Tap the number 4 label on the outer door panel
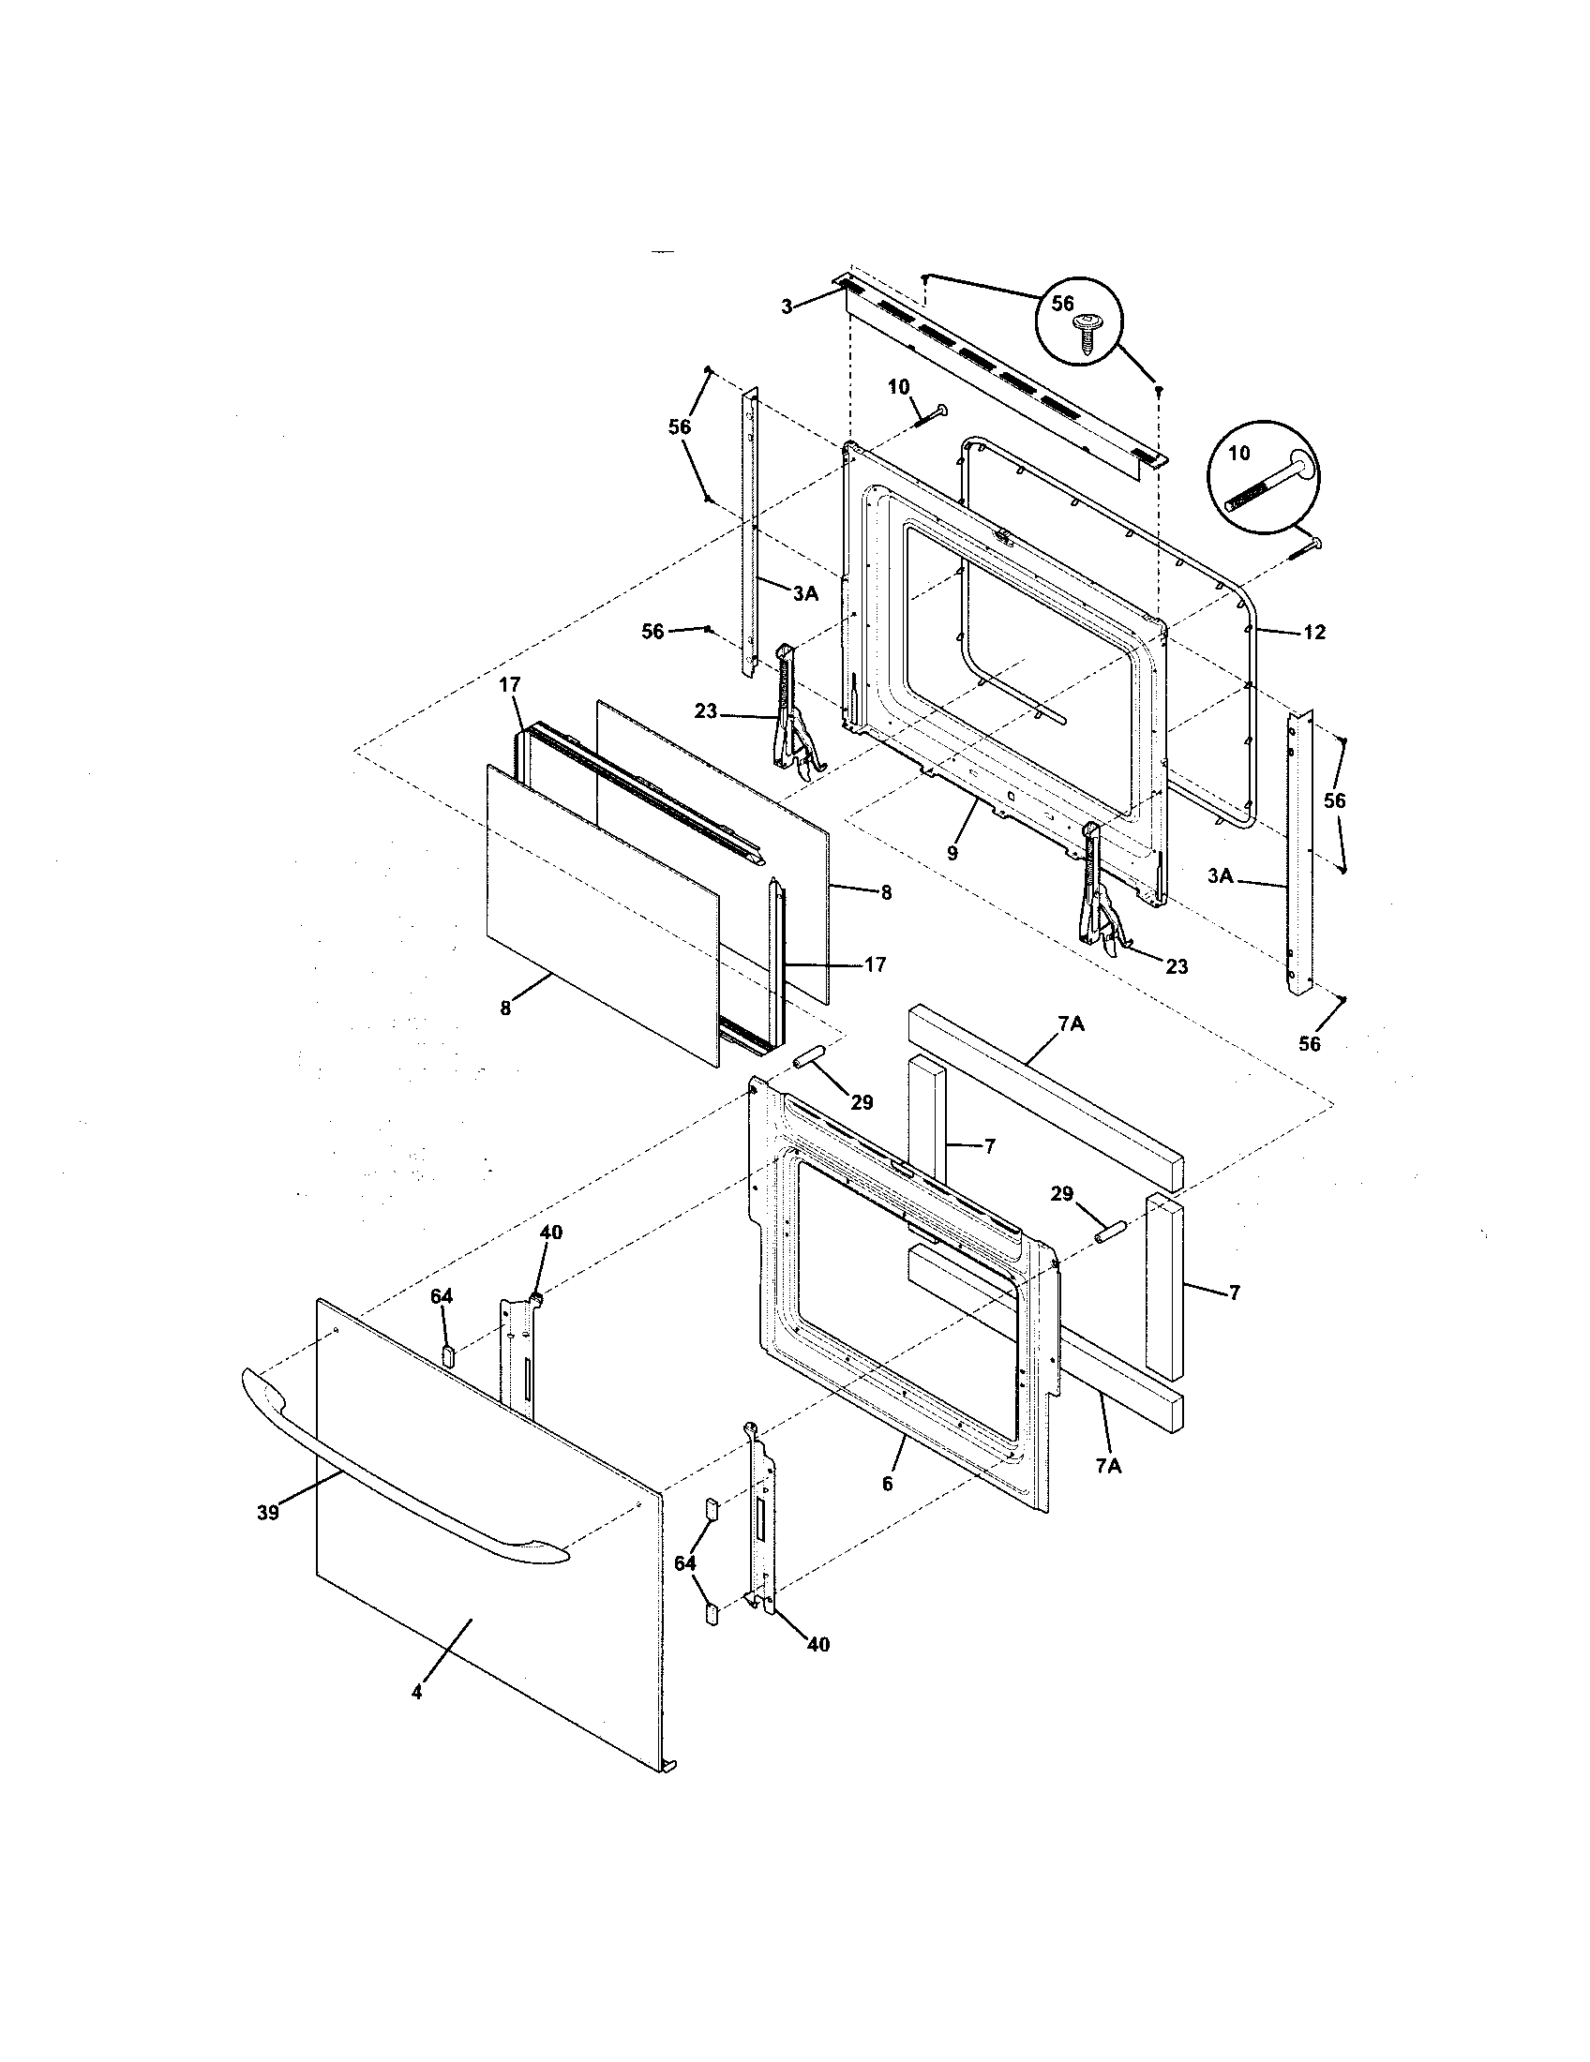[x=416, y=1693]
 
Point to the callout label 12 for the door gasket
[x=1313, y=633]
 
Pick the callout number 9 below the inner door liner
[x=952, y=853]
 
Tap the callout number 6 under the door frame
[x=887, y=1484]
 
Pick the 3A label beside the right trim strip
[x=1220, y=876]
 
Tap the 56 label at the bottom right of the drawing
[x=1309, y=1043]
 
